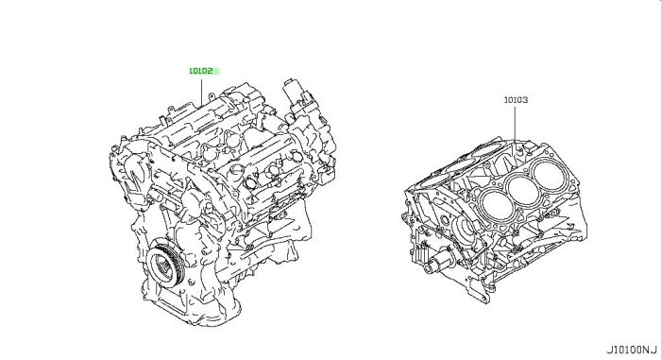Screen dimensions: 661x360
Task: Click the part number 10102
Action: click(200, 71)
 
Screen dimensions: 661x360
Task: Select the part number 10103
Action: click(516, 100)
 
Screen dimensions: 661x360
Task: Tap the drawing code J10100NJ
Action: click(632, 350)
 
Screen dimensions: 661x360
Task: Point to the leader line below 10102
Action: click(201, 91)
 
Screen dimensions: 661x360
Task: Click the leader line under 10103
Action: click(516, 123)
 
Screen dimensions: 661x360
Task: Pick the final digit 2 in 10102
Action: click(211, 71)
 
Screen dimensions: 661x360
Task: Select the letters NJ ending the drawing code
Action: click(650, 350)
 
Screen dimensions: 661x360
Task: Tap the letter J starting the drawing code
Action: click(610, 350)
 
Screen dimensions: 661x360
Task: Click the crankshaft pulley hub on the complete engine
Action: click(163, 266)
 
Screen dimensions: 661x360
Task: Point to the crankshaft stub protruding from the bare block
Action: click(437, 264)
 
